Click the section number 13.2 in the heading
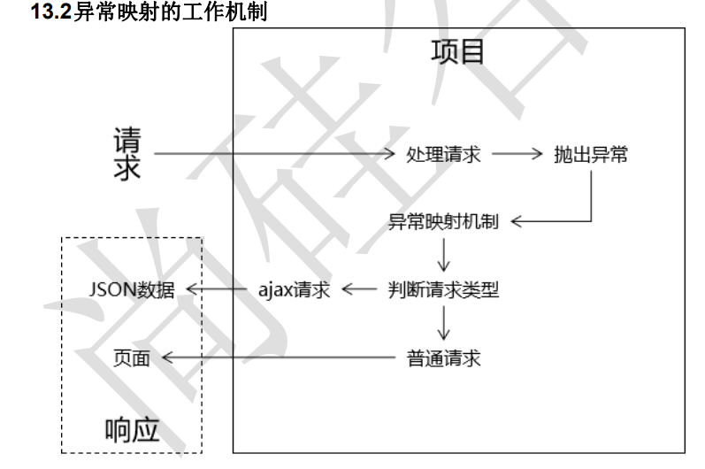51,12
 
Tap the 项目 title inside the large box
457,51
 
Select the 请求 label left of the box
127,154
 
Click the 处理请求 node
443,154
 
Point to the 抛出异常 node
591,154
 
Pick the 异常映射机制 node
443,221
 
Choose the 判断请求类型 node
443,289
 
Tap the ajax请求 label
294,289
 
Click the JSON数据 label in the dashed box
132,289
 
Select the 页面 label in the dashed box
132,358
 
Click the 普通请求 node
443,358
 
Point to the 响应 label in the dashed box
132,430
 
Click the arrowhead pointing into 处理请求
389,154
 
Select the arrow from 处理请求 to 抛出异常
517,154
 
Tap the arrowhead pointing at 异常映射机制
517,221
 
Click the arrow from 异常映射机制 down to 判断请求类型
444,255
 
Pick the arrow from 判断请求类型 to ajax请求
359,289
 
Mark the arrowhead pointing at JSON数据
192,289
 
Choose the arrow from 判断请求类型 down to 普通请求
444,323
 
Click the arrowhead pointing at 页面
168,358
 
